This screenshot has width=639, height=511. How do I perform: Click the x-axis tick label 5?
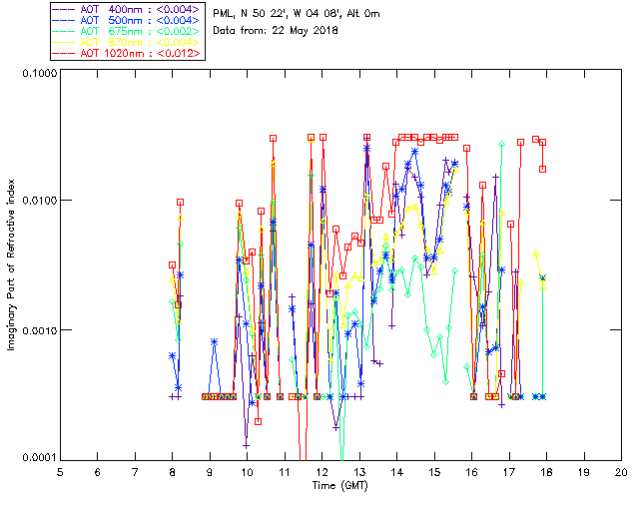pos(60,471)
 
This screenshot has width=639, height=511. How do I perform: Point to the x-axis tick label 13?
pos(359,471)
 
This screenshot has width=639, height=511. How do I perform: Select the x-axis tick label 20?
pos(621,471)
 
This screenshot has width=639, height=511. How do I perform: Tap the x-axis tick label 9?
pos(210,471)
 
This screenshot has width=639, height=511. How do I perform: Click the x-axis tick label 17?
pos(509,471)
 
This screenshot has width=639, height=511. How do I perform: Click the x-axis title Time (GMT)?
pos(340,485)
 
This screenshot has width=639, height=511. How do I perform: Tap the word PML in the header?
pos(226,14)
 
